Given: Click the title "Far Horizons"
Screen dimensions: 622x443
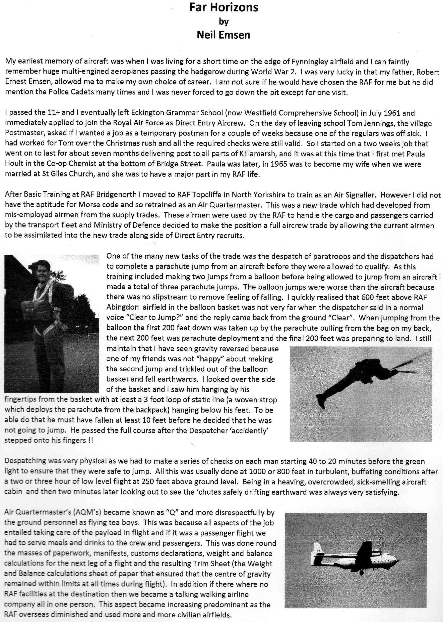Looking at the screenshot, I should pyautogui.click(x=224, y=8).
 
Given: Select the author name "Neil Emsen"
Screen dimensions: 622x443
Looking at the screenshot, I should pyautogui.click(x=224, y=35).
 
